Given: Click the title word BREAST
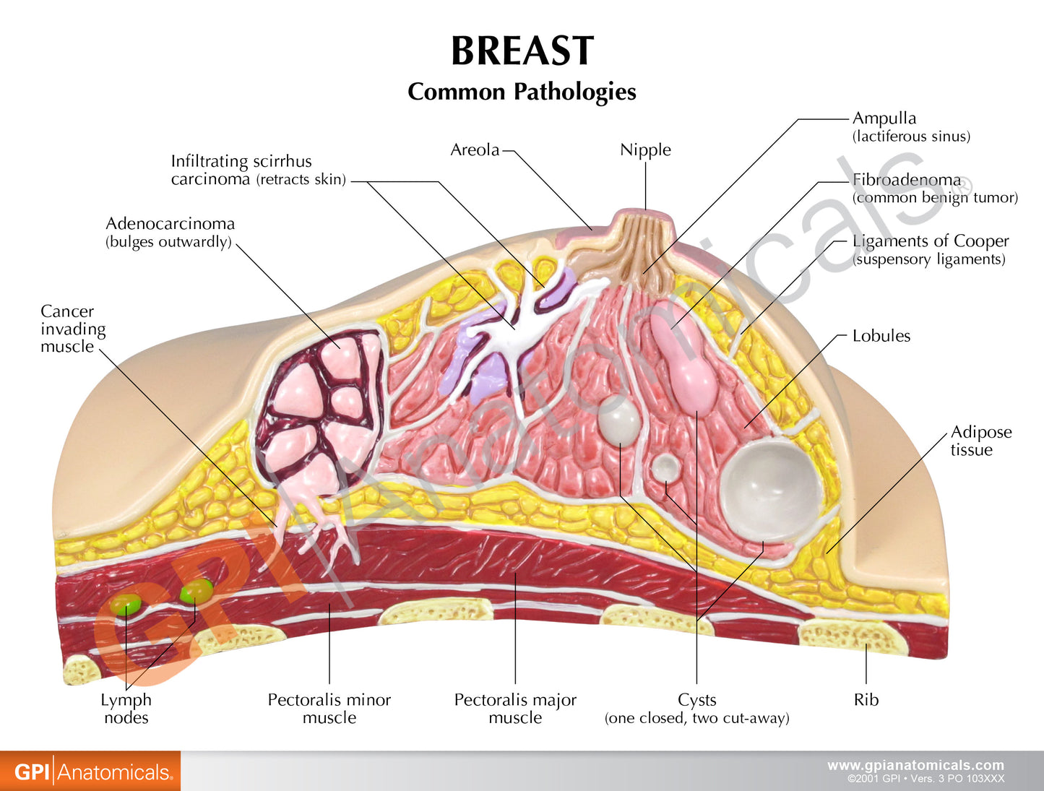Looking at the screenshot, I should (522, 51).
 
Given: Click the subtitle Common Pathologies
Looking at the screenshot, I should (522, 92).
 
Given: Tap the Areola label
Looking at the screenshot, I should (475, 150).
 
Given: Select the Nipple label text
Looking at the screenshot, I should (645, 150).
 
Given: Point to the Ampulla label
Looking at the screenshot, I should (884, 118).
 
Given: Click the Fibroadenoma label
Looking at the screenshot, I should (907, 180).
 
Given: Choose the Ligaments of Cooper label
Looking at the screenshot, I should (930, 241).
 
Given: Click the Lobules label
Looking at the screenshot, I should (881, 336).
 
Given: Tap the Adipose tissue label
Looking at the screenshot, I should (980, 441).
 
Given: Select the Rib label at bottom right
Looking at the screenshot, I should (866, 699).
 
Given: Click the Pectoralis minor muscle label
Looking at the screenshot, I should (329, 708).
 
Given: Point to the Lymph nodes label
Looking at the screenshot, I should (126, 708).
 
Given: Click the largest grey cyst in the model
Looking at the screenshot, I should (771, 491).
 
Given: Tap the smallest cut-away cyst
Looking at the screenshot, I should (665, 468).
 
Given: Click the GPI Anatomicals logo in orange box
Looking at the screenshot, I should (90, 771).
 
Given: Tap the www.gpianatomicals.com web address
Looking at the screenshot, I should (915, 765).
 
